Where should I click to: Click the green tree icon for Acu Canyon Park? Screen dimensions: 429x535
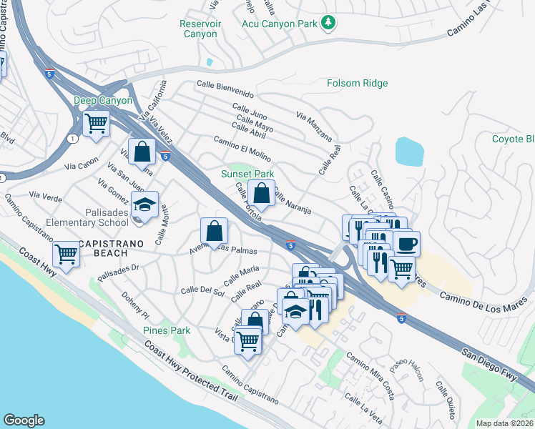(x=328, y=24)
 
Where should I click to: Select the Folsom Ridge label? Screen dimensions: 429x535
(x=357, y=84)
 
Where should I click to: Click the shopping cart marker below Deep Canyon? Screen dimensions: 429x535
(x=95, y=123)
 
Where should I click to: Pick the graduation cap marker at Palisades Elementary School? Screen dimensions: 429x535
(x=145, y=207)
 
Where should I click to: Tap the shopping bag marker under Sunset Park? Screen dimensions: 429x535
(x=261, y=193)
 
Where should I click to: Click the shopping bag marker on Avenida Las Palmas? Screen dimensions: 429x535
(x=214, y=231)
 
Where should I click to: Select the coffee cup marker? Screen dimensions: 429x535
(x=406, y=244)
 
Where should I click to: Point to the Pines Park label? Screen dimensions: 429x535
(x=167, y=330)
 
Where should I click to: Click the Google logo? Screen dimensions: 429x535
(x=24, y=420)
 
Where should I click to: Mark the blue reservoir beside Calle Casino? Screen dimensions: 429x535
(x=408, y=152)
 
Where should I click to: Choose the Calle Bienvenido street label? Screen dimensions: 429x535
(x=225, y=93)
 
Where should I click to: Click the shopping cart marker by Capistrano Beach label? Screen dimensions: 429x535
(x=67, y=254)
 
